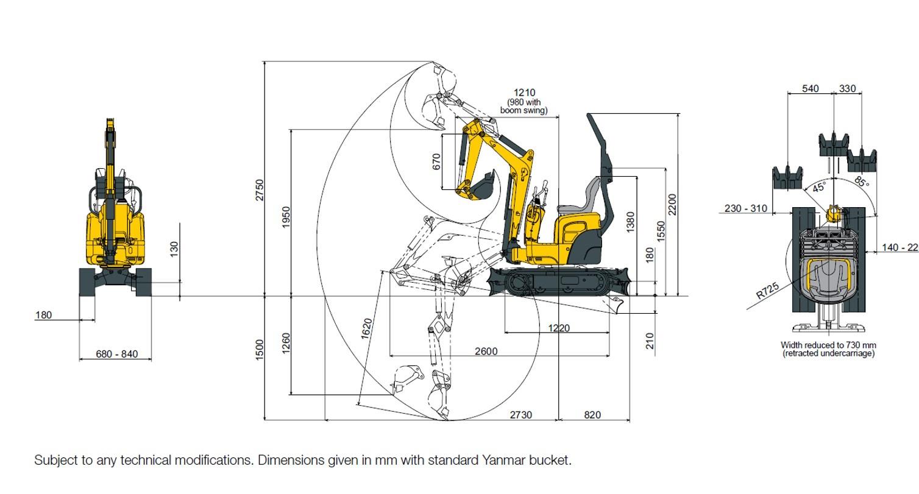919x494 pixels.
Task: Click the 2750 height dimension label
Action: (259, 190)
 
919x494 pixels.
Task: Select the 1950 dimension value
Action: (286, 217)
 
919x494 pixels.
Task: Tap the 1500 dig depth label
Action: (259, 350)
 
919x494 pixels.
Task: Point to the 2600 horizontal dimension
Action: (486, 351)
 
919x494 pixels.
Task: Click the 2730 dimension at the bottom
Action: (520, 415)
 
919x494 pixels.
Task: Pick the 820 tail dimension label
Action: (592, 415)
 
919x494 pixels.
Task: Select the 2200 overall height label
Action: (672, 205)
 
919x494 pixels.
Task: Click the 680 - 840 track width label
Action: (116, 354)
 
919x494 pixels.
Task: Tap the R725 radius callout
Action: (768, 291)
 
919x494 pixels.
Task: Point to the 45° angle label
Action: (819, 187)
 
